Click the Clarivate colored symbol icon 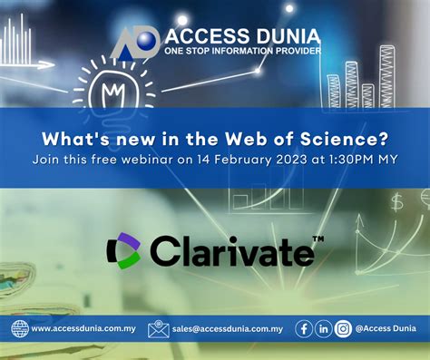(x=122, y=251)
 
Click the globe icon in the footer (x=20, y=328)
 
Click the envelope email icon (x=159, y=328)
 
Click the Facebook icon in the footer (x=305, y=328)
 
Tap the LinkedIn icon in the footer (x=324, y=328)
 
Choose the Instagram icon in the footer (x=343, y=328)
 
